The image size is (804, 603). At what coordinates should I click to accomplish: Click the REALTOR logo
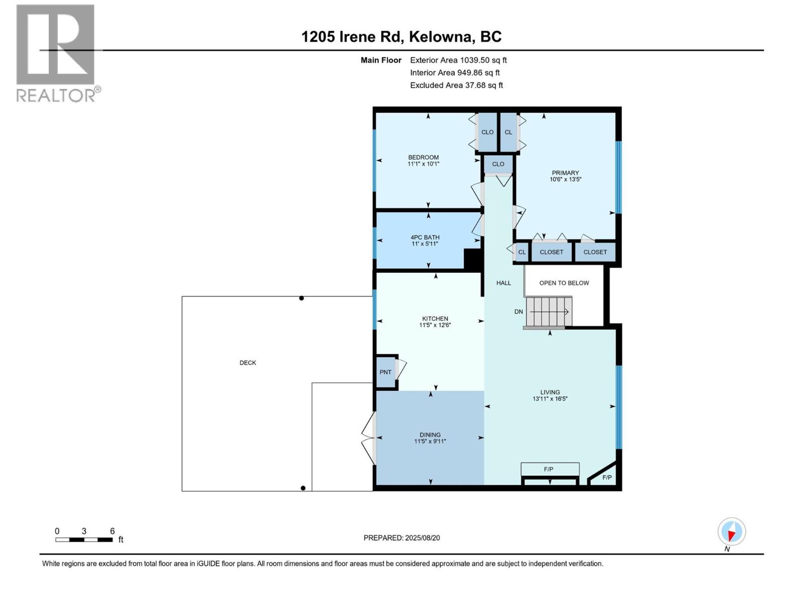(56, 53)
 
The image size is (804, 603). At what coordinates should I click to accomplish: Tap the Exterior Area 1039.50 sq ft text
(458, 60)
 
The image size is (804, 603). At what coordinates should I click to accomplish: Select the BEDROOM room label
(423, 157)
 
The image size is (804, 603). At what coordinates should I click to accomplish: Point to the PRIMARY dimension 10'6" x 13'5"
(565, 179)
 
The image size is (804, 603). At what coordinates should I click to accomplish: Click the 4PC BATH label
(425, 237)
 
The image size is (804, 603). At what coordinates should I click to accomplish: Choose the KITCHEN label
(435, 319)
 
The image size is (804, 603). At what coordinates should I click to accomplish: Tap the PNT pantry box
(385, 372)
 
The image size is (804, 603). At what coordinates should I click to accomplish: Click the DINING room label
(430, 435)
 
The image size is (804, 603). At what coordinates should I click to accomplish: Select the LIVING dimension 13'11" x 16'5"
(550, 399)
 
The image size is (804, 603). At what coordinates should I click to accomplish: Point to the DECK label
(248, 363)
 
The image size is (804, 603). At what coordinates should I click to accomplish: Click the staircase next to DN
(549, 312)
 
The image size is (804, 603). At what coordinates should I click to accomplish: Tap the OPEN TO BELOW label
(564, 283)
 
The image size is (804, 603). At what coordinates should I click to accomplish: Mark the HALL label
(504, 283)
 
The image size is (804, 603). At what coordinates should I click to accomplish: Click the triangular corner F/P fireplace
(606, 476)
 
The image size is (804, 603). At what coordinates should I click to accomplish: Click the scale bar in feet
(84, 540)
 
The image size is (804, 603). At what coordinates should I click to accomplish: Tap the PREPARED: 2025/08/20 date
(401, 538)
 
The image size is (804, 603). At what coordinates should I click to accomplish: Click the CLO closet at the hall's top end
(498, 164)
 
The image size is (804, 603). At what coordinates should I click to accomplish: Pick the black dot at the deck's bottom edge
(303, 488)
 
